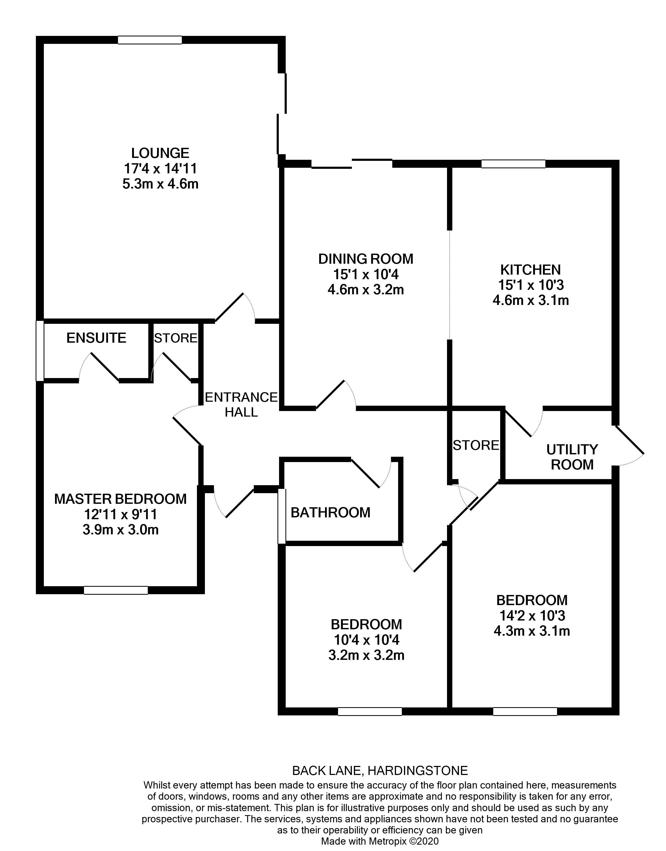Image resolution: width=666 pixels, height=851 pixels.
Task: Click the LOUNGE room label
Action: (160, 153)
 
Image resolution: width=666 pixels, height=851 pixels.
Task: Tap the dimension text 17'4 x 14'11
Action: (160, 169)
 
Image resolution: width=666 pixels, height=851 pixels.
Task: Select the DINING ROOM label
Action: (366, 259)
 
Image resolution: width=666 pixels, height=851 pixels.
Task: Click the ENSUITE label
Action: (96, 338)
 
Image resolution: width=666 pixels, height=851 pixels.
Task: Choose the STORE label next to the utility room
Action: (476, 445)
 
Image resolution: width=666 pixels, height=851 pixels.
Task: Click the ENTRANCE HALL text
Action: (241, 405)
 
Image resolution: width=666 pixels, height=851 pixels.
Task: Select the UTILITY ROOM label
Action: (572, 457)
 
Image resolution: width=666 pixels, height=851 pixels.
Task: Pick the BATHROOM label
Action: (330, 513)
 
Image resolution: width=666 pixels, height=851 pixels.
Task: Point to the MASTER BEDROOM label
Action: (120, 499)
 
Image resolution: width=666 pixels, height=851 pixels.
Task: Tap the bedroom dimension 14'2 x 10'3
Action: (532, 615)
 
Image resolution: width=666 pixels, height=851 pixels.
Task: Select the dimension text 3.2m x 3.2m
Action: (366, 655)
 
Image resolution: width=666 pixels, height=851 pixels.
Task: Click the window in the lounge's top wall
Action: (150, 40)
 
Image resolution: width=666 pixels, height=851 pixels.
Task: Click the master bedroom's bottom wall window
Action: (116, 590)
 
